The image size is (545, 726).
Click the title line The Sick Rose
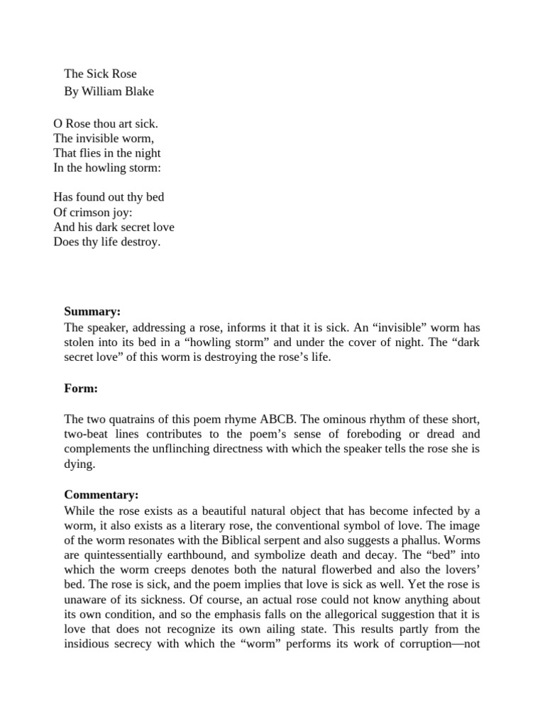click(100, 74)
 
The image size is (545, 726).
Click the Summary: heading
click(92, 311)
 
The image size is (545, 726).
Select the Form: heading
click(81, 389)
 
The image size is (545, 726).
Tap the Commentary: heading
click(101, 494)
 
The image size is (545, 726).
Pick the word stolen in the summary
click(81, 342)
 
